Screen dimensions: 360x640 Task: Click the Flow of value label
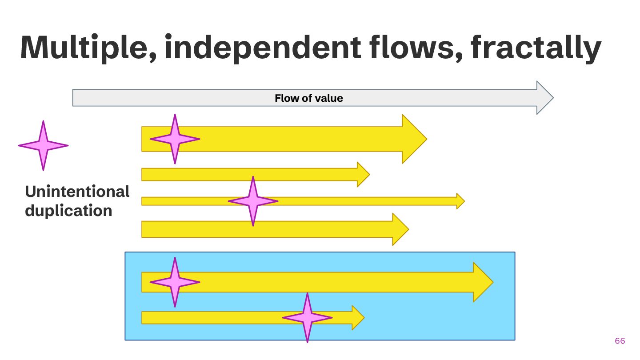[x=309, y=98]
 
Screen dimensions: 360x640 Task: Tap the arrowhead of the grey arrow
[x=544, y=98]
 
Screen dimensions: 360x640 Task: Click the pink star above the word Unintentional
[x=43, y=145]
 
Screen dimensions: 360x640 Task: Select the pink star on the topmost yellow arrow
[x=175, y=139]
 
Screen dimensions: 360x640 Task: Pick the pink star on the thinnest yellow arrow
[x=253, y=201]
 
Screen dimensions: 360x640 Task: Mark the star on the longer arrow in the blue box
[x=175, y=282]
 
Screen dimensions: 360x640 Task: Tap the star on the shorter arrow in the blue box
[x=307, y=317]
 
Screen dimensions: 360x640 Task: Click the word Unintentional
[x=77, y=192]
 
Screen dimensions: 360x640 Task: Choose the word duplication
[x=68, y=210]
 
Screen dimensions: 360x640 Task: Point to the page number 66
[x=620, y=341]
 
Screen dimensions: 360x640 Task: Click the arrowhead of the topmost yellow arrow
[x=414, y=139]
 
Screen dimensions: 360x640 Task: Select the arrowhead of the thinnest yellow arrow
[x=460, y=201]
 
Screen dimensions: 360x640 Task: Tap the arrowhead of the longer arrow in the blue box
[x=482, y=282]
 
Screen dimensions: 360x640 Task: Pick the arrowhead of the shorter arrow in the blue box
[x=357, y=317]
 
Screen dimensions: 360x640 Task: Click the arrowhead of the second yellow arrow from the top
[x=363, y=174]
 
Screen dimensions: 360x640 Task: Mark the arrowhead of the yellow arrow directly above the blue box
[x=400, y=229]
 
